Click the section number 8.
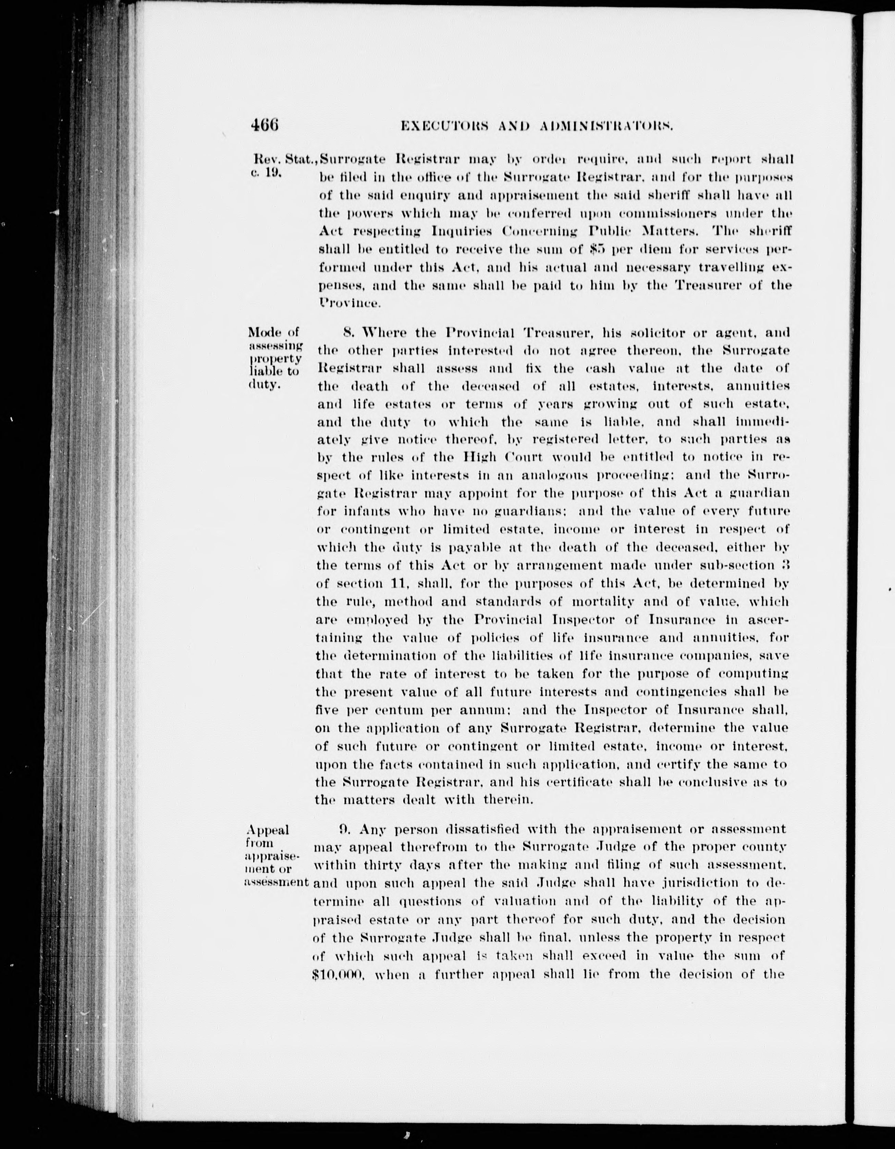tap(347, 332)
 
